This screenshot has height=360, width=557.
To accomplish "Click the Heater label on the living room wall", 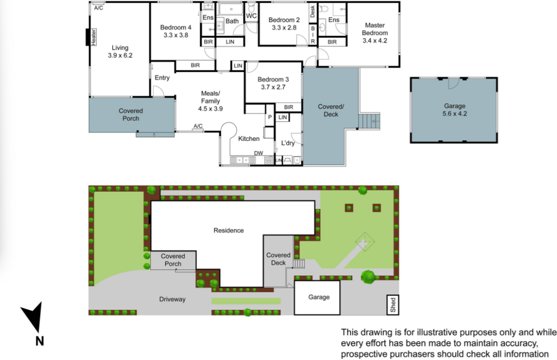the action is pyautogui.click(x=94, y=37).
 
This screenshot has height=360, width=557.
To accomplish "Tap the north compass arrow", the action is pyautogui.click(x=33, y=317).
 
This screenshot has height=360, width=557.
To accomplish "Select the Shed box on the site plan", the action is pyautogui.click(x=393, y=305).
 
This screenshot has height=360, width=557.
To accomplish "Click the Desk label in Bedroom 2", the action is pyautogui.click(x=313, y=11).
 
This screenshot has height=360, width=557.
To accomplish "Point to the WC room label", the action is pyautogui.click(x=251, y=16).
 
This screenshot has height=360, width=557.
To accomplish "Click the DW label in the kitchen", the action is pyautogui.click(x=258, y=153).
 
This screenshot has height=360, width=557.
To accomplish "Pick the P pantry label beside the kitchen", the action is pyautogui.click(x=270, y=117).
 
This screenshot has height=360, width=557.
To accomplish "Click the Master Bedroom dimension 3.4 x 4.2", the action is pyautogui.click(x=375, y=40).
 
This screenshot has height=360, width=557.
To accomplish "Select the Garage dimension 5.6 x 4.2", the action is pyautogui.click(x=454, y=113).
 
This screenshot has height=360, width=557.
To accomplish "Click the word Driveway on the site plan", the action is pyautogui.click(x=172, y=299).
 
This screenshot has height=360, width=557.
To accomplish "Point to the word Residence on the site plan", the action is pyautogui.click(x=228, y=230).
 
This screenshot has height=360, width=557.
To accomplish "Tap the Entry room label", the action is pyautogui.click(x=162, y=78).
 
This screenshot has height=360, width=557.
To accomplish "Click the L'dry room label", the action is pyautogui.click(x=288, y=143).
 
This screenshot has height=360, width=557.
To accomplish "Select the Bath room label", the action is pyautogui.click(x=232, y=21).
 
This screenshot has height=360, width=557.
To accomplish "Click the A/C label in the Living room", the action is pyautogui.click(x=99, y=8).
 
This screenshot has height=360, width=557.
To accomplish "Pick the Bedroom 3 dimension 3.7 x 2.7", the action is pyautogui.click(x=273, y=87).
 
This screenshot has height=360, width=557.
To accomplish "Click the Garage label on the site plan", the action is pyautogui.click(x=319, y=297).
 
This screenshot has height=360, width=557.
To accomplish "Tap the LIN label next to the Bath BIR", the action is pyautogui.click(x=230, y=42).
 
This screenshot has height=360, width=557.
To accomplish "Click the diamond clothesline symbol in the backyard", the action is pyautogui.click(x=365, y=241).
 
